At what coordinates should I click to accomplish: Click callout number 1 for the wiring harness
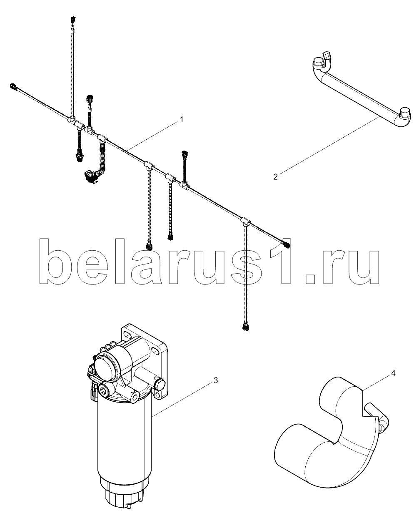pyautogui.click(x=182, y=120)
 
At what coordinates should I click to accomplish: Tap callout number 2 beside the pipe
pyautogui.click(x=276, y=177)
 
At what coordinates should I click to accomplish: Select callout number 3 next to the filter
pyautogui.click(x=216, y=380)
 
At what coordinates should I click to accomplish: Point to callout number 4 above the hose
pyautogui.click(x=393, y=373)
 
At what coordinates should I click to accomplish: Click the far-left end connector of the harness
pyautogui.click(x=13, y=86)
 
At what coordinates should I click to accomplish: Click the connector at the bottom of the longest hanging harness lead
pyautogui.click(x=246, y=326)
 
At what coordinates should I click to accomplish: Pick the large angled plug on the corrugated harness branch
pyautogui.click(x=91, y=176)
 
